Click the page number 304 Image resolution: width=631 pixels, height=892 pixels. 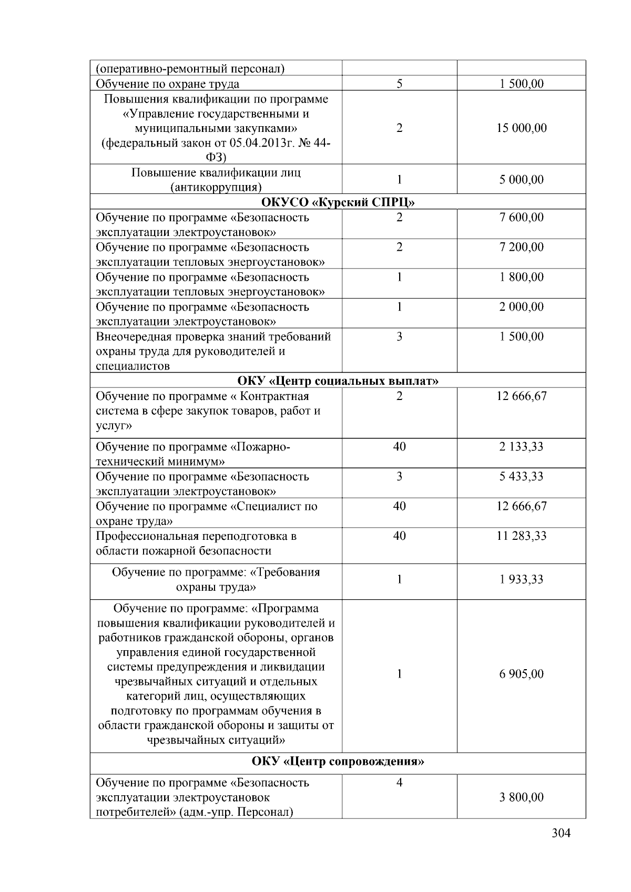tap(561, 833)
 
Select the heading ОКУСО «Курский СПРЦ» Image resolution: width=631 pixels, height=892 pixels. tap(338, 202)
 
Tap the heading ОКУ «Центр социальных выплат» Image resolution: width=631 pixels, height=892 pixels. tap(338, 381)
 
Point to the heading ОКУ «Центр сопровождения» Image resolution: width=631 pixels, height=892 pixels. tap(338, 761)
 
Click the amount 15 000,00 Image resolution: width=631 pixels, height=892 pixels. tap(521, 128)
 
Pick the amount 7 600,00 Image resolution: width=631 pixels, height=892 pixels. tap(521, 218)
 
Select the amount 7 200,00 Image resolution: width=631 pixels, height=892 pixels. tap(521, 247)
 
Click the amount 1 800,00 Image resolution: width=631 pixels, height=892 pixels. tap(521, 277)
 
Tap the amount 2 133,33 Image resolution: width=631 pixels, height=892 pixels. tap(521, 447)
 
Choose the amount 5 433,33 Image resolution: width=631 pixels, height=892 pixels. tap(521, 477)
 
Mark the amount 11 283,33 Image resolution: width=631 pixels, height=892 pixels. tap(521, 536)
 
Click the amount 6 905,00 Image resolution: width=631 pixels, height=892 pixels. tap(521, 674)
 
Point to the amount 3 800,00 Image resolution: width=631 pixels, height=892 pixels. tap(521, 797)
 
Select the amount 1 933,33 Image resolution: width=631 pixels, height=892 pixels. tap(521, 579)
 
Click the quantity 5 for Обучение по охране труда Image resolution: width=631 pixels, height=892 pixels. tap(399, 84)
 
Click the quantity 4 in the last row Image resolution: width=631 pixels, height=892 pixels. tap(399, 783)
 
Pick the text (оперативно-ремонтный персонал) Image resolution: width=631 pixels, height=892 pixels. tap(190, 69)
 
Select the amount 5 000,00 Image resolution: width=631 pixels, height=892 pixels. tap(521, 180)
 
